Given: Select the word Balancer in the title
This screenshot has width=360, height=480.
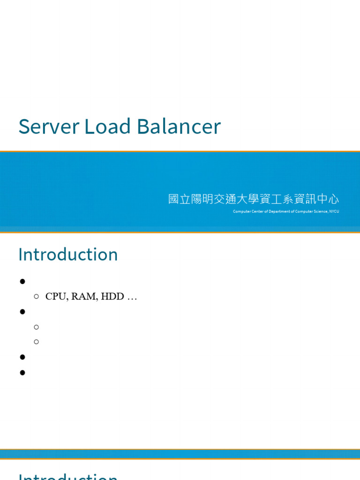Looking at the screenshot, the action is click(179, 127).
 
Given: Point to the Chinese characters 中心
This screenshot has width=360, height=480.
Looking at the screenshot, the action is click(328, 199).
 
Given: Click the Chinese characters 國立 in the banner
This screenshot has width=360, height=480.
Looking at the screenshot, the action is click(180, 199).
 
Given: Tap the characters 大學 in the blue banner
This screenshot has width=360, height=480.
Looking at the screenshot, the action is click(254, 199).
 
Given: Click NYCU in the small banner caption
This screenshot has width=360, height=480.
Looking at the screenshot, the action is click(334, 211).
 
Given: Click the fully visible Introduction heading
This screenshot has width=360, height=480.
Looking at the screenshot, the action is click(68, 255).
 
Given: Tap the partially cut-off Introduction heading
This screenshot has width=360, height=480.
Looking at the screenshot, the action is click(68, 476).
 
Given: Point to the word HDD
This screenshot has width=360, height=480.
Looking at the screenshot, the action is click(111, 296).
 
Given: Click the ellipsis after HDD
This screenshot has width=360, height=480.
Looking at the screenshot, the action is click(132, 297).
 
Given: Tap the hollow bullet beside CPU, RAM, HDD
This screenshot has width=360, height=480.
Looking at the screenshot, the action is click(36, 296).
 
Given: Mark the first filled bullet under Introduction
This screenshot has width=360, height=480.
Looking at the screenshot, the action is click(22, 281).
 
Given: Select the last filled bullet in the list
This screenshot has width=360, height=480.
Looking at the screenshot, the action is click(22, 373).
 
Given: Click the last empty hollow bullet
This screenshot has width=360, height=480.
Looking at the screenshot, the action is click(36, 341).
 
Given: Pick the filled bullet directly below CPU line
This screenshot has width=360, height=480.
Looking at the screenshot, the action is click(22, 311).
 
